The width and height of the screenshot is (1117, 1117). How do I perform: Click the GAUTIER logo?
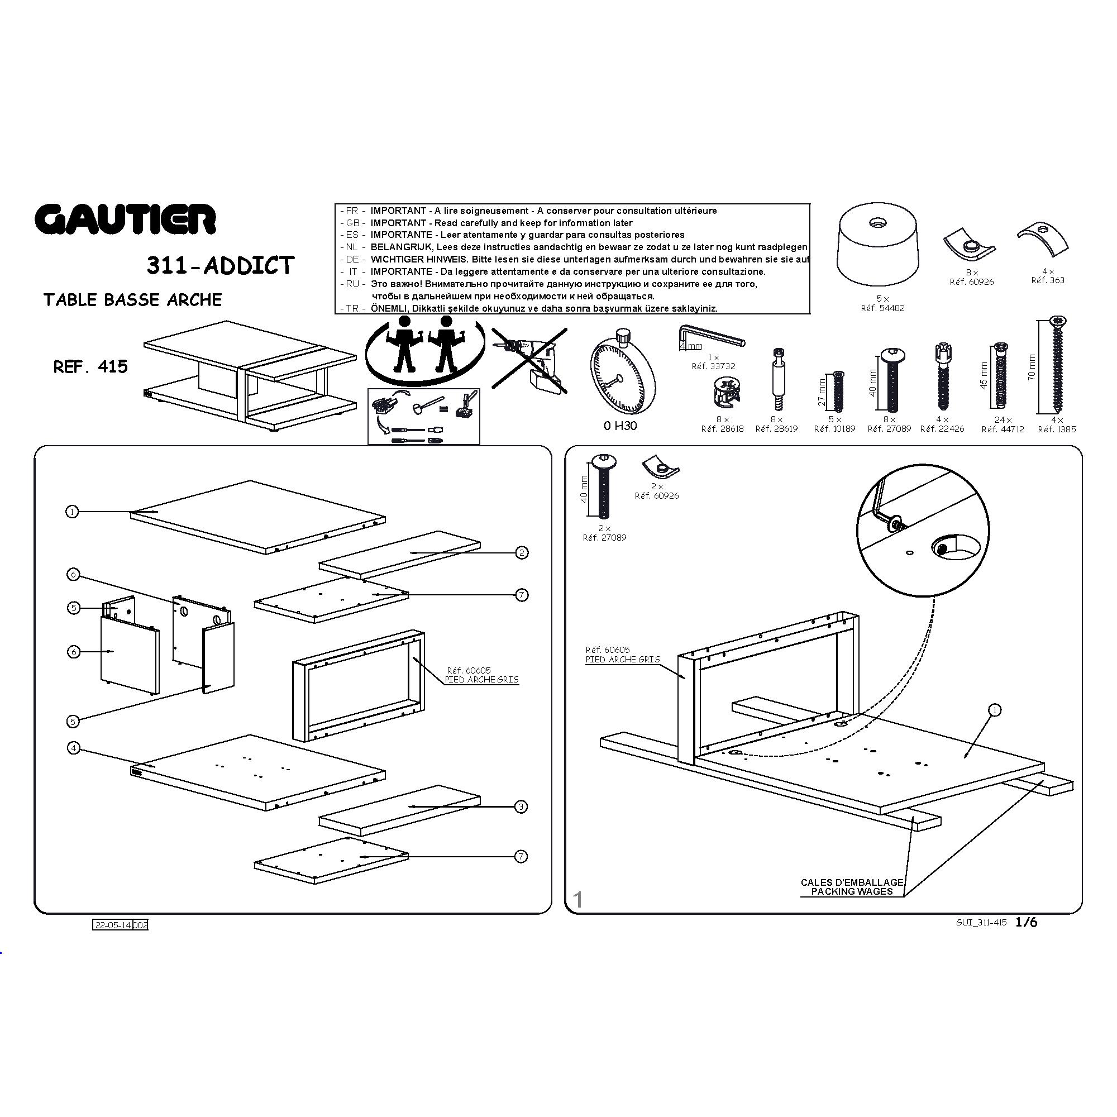point(126,219)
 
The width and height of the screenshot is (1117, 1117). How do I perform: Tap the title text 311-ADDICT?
point(220,265)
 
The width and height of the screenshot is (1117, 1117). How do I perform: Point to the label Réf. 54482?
point(882,308)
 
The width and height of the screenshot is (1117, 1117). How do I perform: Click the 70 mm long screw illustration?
point(1057,364)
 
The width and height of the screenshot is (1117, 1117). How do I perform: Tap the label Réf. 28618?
point(722,429)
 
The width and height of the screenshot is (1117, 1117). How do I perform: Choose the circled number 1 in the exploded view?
point(72,512)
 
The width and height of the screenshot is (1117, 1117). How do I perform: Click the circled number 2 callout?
point(522,553)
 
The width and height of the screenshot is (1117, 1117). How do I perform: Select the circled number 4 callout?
point(73,748)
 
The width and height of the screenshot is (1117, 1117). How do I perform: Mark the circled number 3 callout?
point(521,806)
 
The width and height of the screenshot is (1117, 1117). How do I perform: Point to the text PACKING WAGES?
point(852,891)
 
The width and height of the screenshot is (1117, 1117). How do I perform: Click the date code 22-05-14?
point(113,925)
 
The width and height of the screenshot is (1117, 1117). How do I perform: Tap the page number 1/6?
point(1026,922)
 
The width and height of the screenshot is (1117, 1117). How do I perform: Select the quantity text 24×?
point(1003,420)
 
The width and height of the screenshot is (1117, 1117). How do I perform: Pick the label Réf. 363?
point(1048,280)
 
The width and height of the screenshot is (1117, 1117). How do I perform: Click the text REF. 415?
point(91,366)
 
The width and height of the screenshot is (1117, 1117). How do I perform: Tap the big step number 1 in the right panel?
point(577,900)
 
